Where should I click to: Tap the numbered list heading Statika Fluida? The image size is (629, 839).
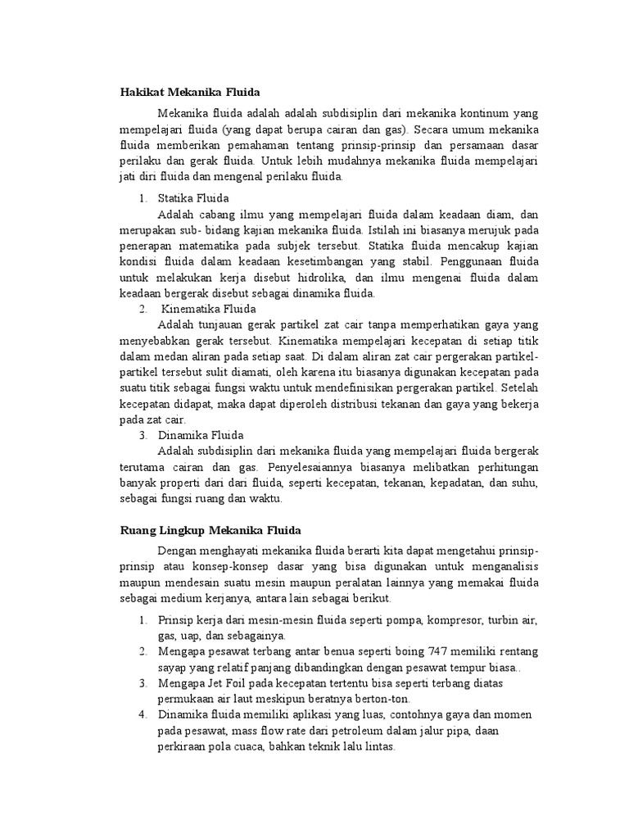[x=193, y=198]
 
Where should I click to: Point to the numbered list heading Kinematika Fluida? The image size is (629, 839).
[x=209, y=309]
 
